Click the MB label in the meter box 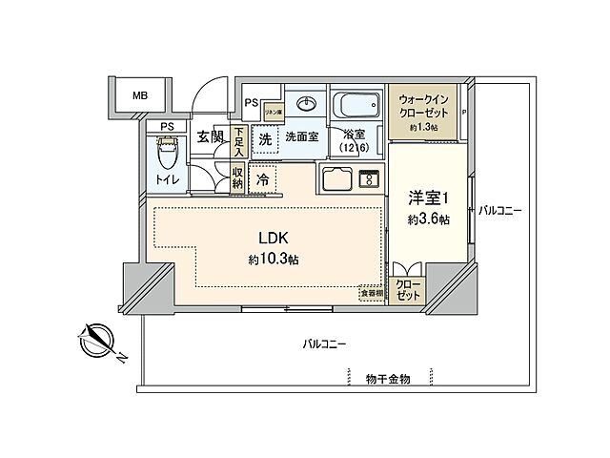(x=140, y=95)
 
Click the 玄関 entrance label (x=210, y=137)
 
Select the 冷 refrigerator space (x=262, y=177)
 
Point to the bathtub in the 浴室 (x=357, y=105)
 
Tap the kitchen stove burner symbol (x=368, y=177)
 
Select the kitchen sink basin (x=337, y=177)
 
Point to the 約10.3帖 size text (x=273, y=260)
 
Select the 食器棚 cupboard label (x=371, y=294)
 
